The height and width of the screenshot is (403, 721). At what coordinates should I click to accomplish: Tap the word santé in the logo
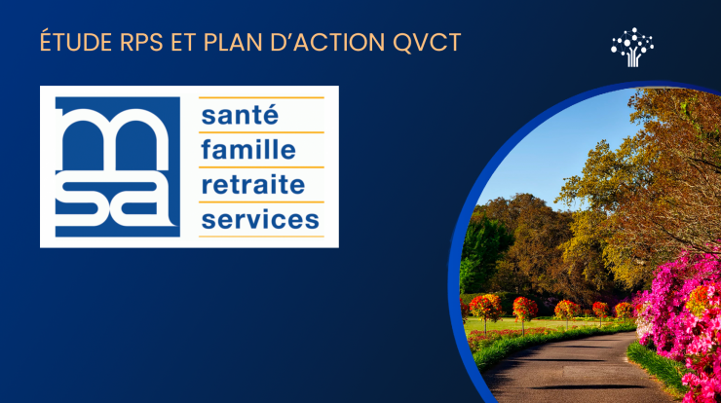coord(240,115)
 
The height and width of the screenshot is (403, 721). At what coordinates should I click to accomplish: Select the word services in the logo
coord(258,219)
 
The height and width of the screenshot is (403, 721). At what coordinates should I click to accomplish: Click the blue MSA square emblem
coord(118,165)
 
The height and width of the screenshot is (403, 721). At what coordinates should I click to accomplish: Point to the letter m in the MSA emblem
coord(117,130)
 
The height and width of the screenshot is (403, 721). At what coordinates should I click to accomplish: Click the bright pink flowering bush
coord(682,311)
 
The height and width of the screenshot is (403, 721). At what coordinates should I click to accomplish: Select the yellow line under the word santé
coord(261,131)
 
